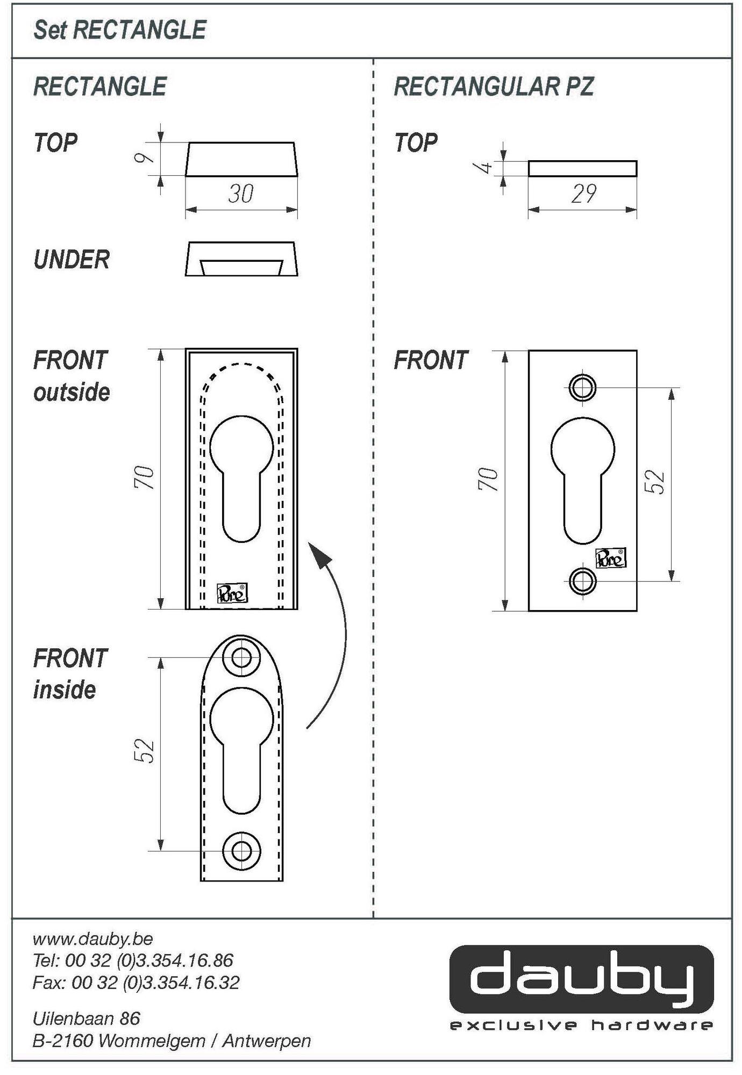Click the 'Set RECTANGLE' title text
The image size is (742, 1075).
pos(120,30)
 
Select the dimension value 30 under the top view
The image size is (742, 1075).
pos(240,193)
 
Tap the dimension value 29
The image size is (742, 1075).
pos(584,193)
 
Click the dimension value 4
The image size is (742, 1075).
pos(485,167)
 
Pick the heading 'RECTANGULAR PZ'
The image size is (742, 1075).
pos(494,87)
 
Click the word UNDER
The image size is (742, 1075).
pos(72,260)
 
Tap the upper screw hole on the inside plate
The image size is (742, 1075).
pos(241,657)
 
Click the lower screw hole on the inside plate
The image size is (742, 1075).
pos(241,851)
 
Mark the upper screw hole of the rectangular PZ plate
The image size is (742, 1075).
pos(583,387)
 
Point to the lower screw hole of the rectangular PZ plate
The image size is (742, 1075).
pos(583,581)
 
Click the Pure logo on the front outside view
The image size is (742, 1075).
pos(232,593)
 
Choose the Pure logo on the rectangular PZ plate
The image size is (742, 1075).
pos(611,559)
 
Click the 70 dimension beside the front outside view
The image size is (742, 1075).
pos(144,477)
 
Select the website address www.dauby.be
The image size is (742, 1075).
pos(93,938)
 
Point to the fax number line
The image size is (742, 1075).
pos(136,983)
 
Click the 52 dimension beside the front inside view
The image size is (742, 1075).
pos(144,751)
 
